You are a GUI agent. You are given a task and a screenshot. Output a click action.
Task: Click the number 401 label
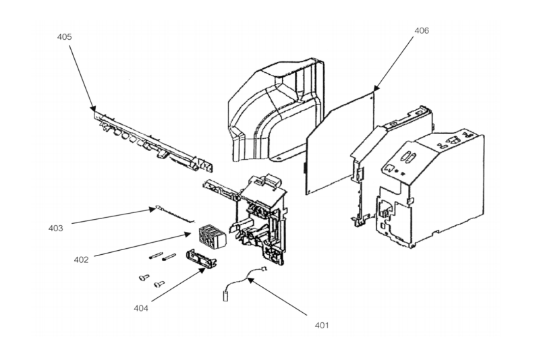(322, 326)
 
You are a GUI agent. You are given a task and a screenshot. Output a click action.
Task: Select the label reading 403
(56, 228)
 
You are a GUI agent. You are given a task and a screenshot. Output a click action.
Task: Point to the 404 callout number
(140, 309)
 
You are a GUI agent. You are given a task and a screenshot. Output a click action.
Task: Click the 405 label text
(65, 36)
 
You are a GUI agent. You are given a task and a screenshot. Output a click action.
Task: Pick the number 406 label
(421, 30)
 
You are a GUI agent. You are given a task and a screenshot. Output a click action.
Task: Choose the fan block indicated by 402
(208, 237)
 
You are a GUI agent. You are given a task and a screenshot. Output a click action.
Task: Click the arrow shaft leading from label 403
(111, 216)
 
